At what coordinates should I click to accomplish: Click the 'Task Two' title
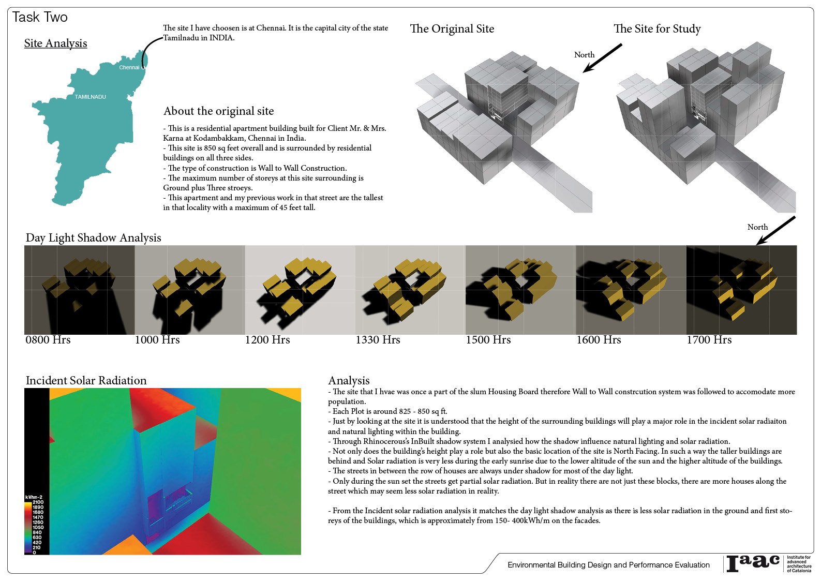(40, 17)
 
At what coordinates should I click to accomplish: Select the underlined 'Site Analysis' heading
(56, 43)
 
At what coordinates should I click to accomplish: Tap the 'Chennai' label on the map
(129, 67)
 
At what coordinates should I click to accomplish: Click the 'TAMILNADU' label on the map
(90, 97)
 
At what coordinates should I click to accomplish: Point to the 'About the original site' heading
(218, 111)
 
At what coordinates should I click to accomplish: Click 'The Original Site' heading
(452, 28)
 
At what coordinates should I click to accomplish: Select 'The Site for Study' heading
(657, 28)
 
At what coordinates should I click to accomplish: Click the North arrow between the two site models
(602, 58)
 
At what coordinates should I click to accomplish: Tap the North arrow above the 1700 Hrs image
(775, 231)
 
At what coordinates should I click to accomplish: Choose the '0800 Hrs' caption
(48, 340)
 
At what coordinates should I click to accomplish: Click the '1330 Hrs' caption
(378, 340)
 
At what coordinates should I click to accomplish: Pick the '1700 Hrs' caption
(709, 340)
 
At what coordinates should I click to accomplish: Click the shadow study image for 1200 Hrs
(300, 290)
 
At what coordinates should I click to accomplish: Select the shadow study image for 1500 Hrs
(520, 290)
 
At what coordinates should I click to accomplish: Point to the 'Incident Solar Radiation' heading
(86, 380)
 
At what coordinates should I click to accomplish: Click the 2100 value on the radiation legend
(38, 502)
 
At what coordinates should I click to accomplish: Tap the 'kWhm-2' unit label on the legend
(34, 497)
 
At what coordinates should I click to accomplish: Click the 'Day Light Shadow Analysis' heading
(94, 238)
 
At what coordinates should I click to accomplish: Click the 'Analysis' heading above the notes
(349, 380)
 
